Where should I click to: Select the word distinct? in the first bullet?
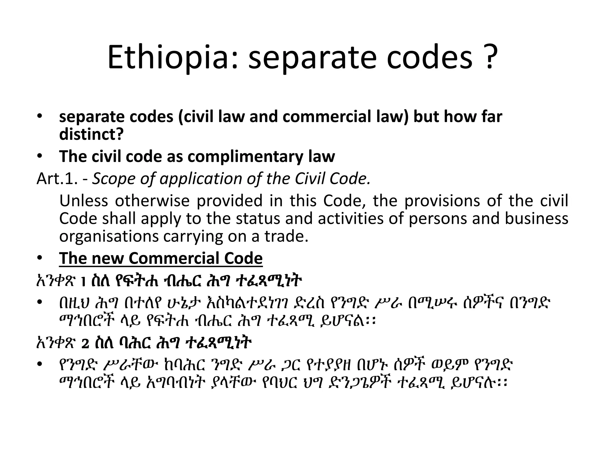(x=91, y=134)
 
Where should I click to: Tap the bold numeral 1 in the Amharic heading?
(x=83, y=282)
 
